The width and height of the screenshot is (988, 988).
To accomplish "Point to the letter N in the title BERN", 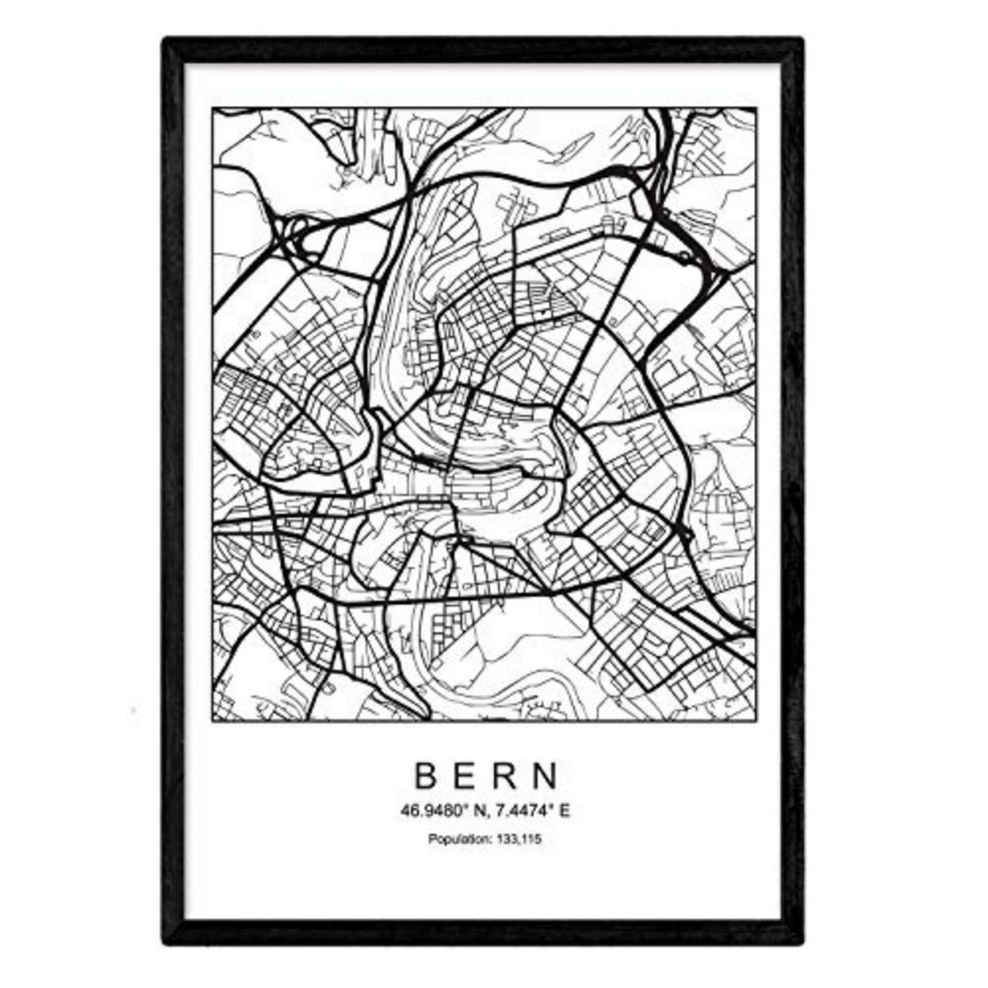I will point(546,775).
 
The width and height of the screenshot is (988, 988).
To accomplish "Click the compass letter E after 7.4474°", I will point(565,811).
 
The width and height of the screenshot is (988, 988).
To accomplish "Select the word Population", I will point(457,840).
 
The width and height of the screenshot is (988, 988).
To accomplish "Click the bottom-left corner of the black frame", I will point(165,941).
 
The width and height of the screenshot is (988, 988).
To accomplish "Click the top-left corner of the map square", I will point(212,108).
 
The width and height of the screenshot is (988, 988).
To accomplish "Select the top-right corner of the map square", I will point(756,108).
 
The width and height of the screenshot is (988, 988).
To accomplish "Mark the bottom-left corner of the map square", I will point(212,722).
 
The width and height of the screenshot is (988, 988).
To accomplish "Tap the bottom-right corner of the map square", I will point(756,722).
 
